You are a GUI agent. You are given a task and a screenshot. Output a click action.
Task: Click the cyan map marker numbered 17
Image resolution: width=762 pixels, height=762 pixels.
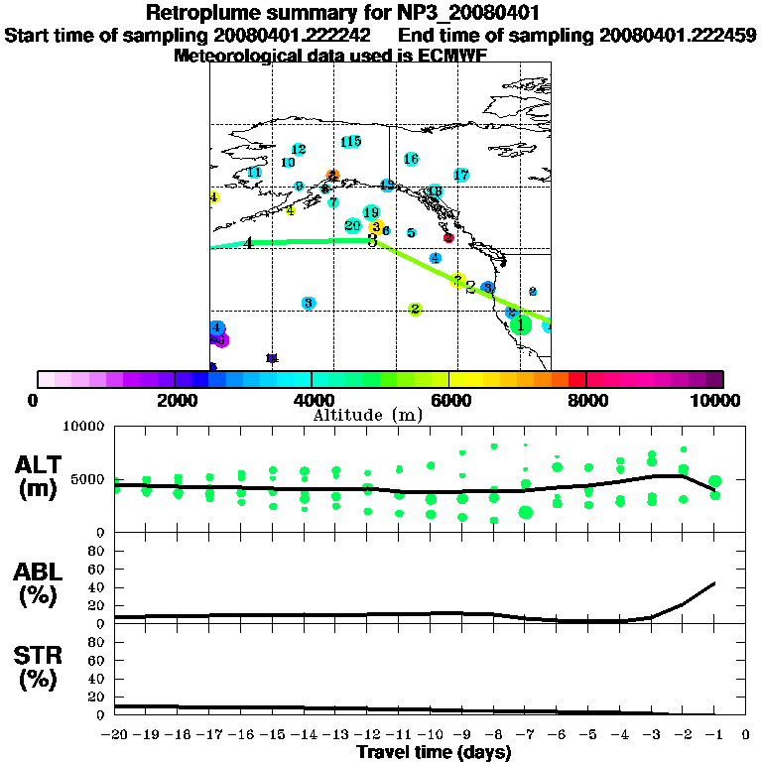point(461,175)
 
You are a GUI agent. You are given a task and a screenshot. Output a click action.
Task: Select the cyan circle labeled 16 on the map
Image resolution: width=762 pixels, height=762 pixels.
point(412,159)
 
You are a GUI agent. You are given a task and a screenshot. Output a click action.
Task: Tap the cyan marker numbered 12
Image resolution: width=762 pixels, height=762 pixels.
point(298,150)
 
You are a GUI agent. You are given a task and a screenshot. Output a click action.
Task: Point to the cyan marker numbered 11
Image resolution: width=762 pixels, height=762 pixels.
point(254,173)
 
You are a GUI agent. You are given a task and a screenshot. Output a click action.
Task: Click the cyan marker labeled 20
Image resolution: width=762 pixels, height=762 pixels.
point(353,226)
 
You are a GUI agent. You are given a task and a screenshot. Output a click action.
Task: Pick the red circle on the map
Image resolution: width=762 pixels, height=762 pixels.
point(448,238)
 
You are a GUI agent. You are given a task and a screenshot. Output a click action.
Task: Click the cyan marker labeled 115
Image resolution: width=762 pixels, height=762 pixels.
point(350,142)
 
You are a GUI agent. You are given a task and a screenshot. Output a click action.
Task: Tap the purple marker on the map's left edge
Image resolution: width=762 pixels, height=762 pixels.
point(220,340)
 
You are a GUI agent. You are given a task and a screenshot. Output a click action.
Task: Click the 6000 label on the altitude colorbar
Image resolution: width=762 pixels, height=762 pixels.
point(449,400)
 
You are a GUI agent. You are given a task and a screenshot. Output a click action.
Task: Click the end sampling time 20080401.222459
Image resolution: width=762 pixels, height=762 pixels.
point(678,35)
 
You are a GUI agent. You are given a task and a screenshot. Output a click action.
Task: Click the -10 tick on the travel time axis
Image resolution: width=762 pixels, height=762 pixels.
point(430,735)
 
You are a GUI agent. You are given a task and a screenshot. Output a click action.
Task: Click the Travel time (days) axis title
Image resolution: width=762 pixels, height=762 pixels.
point(434,753)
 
